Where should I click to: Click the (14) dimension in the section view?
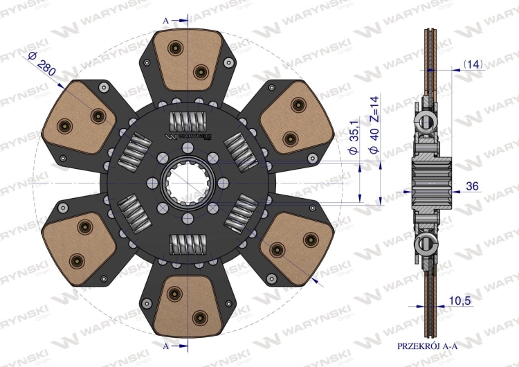473,64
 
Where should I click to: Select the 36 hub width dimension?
473,186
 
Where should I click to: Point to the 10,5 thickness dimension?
474,301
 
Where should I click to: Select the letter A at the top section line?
165,21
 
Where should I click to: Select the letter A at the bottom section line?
165,345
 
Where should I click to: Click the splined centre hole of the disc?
188,183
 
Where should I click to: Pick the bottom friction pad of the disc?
187,305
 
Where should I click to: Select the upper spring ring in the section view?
424,123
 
